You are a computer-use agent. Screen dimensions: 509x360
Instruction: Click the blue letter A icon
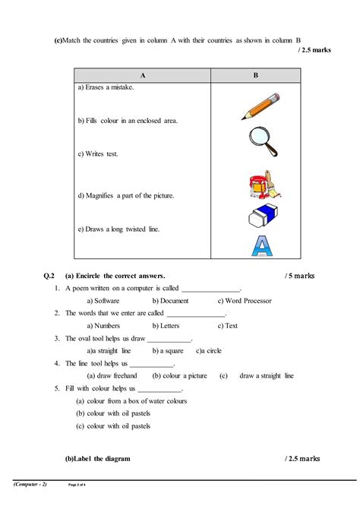pyautogui.click(x=260, y=247)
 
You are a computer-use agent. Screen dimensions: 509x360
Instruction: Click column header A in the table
pyautogui.click(x=142, y=76)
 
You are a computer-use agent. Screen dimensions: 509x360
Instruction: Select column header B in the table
pyautogui.click(x=255, y=76)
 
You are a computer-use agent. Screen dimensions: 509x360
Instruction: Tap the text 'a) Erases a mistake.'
pyautogui.click(x=106, y=88)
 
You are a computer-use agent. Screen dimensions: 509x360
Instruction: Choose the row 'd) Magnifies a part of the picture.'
pyautogui.click(x=126, y=195)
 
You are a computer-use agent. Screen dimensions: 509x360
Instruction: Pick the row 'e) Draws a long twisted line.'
pyautogui.click(x=118, y=229)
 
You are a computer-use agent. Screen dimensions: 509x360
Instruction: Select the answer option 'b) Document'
pyautogui.click(x=170, y=301)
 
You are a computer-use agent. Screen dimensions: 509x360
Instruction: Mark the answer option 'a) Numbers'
pyautogui.click(x=103, y=326)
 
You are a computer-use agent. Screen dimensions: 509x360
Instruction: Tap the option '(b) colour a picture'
pyautogui.click(x=179, y=375)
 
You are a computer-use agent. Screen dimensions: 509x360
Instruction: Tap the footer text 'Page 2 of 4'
pyautogui.click(x=80, y=484)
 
